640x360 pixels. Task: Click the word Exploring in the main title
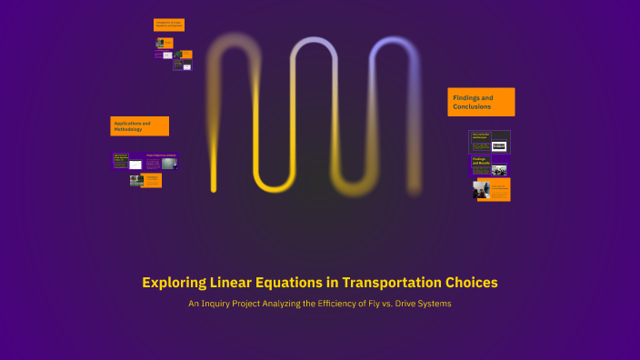point(173,283)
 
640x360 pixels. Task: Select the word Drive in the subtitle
point(397,304)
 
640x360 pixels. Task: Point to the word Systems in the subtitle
point(433,304)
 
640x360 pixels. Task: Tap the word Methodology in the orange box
point(128,130)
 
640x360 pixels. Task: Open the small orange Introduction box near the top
point(168,25)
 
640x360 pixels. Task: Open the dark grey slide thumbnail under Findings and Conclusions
point(489,142)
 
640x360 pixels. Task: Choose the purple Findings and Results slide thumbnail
point(489,165)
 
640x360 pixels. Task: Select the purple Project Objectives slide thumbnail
point(161,163)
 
